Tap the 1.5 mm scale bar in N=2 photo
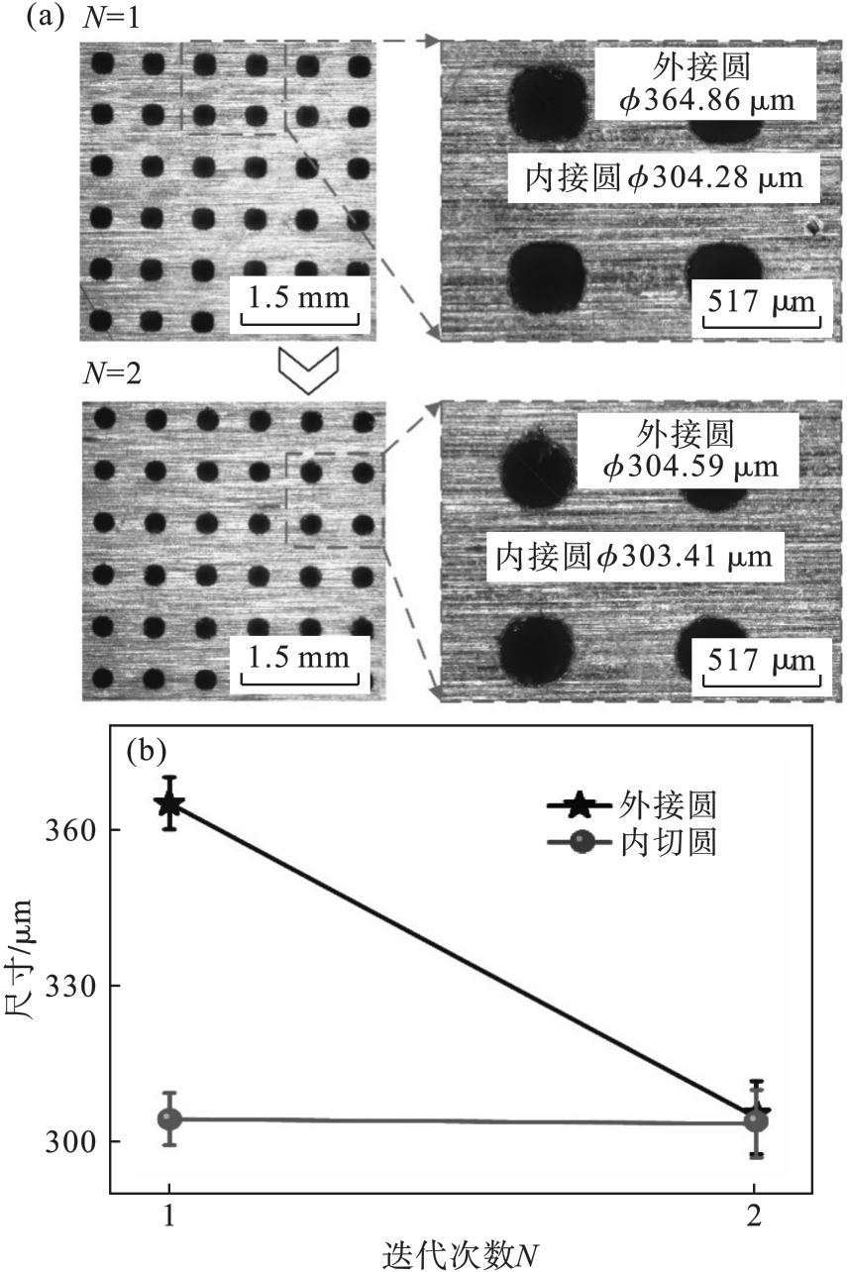pyautogui.click(x=302, y=657)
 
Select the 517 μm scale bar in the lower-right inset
pyautogui.click(x=760, y=660)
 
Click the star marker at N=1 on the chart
pyautogui.click(x=170, y=803)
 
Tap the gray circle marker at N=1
pyautogui.click(x=170, y=1119)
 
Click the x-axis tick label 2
pyautogui.click(x=755, y=1216)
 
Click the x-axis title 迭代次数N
pyautogui.click(x=462, y=1255)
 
